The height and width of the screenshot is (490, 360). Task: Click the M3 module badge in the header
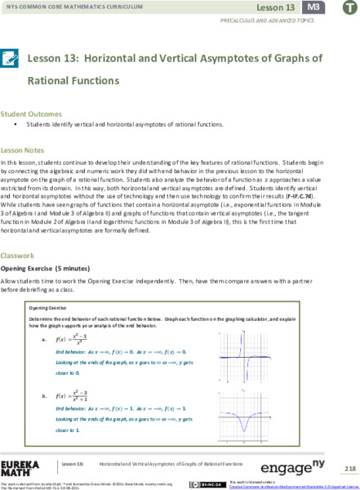pos(311,7)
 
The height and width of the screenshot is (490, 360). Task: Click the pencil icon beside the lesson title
pos(11,60)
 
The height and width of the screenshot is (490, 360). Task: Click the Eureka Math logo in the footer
pos(20,468)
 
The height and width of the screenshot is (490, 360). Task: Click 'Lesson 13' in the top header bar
pos(279,7)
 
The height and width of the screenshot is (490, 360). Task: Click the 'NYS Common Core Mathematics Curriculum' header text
pos(65,7)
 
